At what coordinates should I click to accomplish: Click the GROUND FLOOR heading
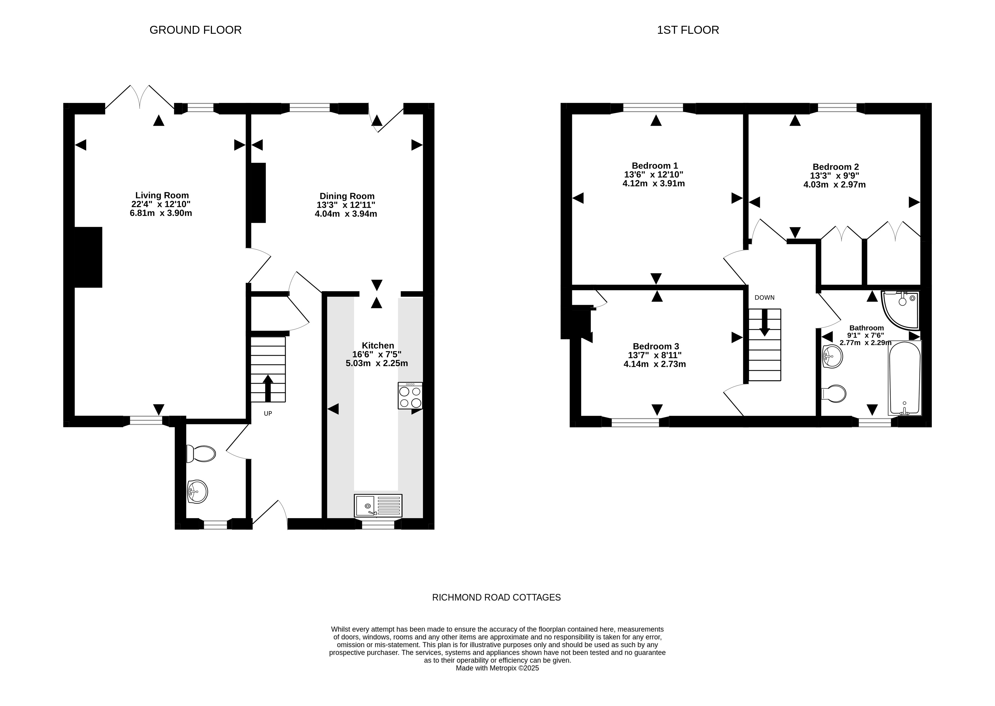195,30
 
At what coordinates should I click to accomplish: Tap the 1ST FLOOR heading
688,30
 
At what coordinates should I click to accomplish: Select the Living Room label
162,195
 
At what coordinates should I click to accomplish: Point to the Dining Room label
347,196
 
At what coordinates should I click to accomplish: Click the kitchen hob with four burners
410,396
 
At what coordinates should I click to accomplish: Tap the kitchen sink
378,506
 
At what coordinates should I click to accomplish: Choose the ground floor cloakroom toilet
201,454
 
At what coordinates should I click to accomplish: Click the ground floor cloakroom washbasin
197,492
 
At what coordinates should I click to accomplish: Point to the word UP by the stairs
268,413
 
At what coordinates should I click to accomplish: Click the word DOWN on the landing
764,298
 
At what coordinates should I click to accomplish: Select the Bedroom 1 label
655,166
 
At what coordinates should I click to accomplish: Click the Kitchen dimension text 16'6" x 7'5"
377,354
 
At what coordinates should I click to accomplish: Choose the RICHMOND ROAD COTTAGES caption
497,597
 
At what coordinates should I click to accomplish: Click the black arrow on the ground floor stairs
268,388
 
